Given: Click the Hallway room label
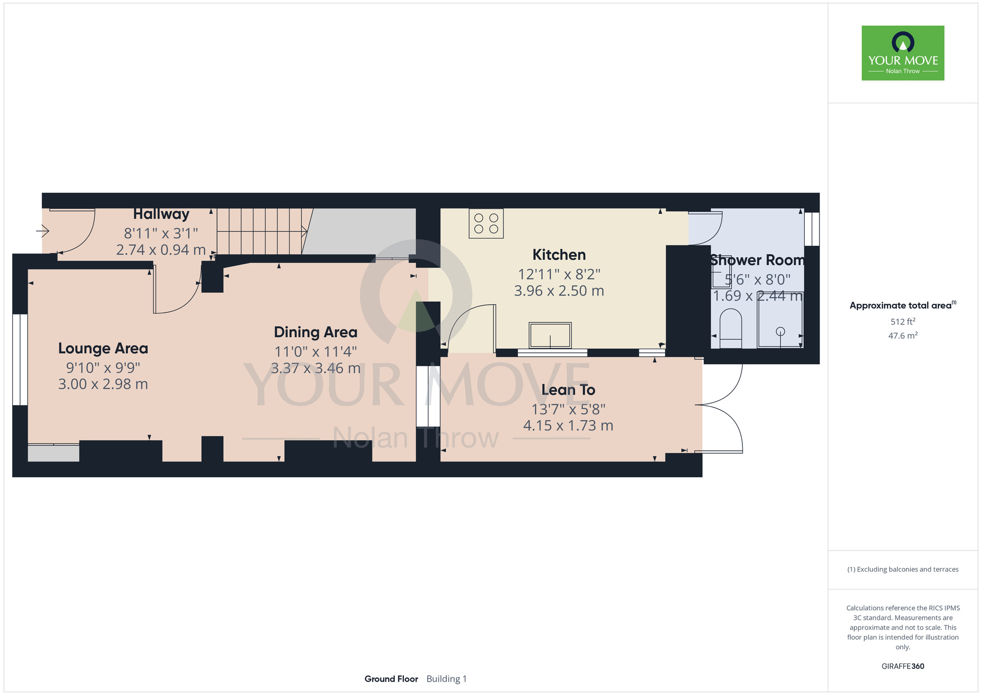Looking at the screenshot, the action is coord(161,214).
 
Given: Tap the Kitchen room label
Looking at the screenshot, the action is coord(559,255).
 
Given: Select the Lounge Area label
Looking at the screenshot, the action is coord(103,348).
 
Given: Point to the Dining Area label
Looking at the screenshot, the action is coord(315,332).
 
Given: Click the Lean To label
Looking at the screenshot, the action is coord(568,390).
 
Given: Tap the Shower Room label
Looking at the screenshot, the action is coord(757,260).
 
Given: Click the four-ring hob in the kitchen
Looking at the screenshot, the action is coord(486,224).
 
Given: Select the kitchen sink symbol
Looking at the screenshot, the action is coord(550,335).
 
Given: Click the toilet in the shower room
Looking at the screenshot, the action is coord(731,328).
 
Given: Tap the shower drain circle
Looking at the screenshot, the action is coord(780,331).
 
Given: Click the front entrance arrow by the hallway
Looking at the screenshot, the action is coord(43,230).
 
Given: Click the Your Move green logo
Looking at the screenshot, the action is coord(903,53).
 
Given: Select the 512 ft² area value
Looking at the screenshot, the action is coord(903,321).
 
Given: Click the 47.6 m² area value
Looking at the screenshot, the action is coord(903,336).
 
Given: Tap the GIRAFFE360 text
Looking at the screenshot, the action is coord(903,666).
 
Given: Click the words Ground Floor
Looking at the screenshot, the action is coord(391,679).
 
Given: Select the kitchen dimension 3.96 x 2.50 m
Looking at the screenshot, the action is coord(559,291).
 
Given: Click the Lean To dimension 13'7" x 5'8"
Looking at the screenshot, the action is coord(568,409).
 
